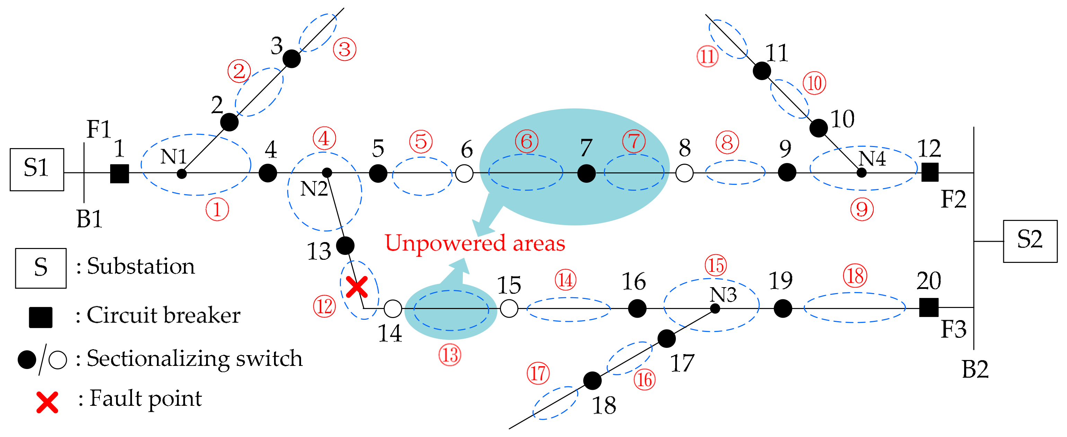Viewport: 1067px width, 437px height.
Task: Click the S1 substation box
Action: click(x=37, y=169)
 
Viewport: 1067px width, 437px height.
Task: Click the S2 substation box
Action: click(x=1030, y=241)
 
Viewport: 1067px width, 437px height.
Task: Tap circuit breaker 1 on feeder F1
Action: click(x=119, y=173)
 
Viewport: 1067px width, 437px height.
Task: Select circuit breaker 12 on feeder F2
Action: click(x=930, y=172)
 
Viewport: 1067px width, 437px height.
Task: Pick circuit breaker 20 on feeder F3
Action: click(x=929, y=308)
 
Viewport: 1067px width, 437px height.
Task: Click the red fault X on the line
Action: click(x=356, y=287)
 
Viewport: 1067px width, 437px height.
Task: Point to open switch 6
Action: click(x=464, y=173)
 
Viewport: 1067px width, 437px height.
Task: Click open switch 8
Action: click(x=684, y=173)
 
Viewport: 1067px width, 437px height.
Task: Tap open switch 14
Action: click(x=393, y=308)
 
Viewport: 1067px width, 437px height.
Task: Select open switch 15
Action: click(x=509, y=308)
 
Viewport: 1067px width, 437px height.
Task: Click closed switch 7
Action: click(x=586, y=173)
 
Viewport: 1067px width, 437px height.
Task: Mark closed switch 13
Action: click(x=345, y=246)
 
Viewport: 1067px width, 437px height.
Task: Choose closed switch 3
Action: click(x=292, y=59)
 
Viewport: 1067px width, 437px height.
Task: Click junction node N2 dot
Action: click(x=327, y=172)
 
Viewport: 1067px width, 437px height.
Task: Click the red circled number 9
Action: click(x=862, y=209)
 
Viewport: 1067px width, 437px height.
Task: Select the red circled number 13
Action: click(x=450, y=355)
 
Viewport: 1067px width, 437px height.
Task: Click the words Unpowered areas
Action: click(x=475, y=243)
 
